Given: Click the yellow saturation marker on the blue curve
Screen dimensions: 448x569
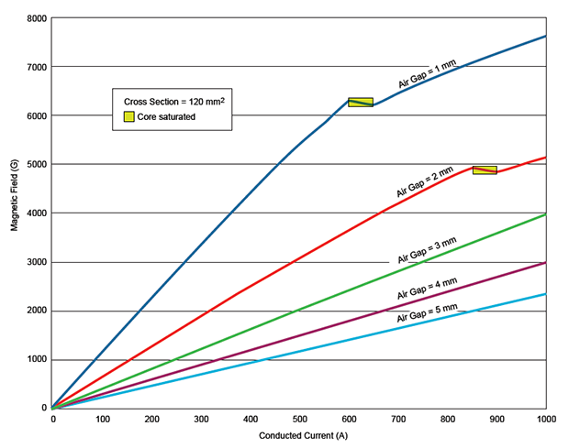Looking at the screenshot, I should click(361, 102).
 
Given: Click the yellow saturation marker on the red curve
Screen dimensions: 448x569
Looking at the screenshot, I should click(485, 170).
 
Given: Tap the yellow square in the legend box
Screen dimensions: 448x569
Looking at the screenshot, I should click(129, 116).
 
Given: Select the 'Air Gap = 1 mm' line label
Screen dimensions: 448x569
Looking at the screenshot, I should click(429, 76).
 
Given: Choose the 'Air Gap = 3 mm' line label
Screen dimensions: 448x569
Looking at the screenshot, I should click(428, 251).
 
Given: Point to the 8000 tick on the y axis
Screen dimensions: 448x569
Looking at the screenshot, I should click(36, 18).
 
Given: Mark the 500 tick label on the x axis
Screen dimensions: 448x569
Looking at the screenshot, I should click(299, 419).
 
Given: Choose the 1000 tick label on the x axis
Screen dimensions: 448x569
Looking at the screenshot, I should click(545, 419).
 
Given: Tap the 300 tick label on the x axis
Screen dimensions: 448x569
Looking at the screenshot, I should click(201, 419).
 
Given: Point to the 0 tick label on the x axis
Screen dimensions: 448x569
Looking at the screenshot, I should click(52, 419).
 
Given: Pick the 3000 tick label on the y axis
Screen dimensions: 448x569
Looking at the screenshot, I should click(36, 262).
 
